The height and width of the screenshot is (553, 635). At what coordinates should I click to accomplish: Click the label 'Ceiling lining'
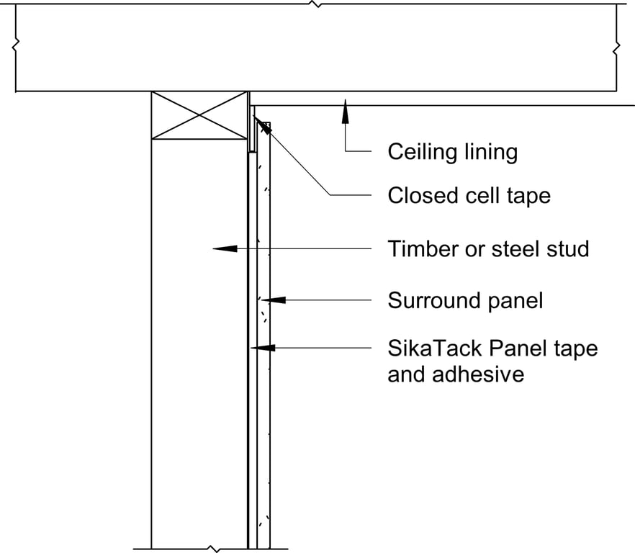(452, 152)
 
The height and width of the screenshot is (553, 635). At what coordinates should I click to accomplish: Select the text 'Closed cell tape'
(469, 195)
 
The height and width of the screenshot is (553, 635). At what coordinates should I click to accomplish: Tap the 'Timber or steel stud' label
(488, 249)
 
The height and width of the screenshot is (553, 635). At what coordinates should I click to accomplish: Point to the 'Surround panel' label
(465, 300)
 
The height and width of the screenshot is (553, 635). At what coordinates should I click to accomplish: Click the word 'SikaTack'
(435, 349)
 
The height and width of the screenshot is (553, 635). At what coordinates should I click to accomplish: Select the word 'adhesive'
(455, 374)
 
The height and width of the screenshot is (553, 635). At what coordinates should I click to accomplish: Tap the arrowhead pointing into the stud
(224, 248)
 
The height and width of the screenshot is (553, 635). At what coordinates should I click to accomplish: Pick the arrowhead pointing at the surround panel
(274, 300)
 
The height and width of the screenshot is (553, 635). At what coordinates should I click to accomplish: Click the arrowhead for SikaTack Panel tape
(264, 348)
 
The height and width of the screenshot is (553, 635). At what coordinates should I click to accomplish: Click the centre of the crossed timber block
(199, 114)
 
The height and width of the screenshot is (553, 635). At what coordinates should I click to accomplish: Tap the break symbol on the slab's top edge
(315, 4)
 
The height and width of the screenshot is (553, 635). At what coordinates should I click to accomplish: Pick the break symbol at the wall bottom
(212, 549)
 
